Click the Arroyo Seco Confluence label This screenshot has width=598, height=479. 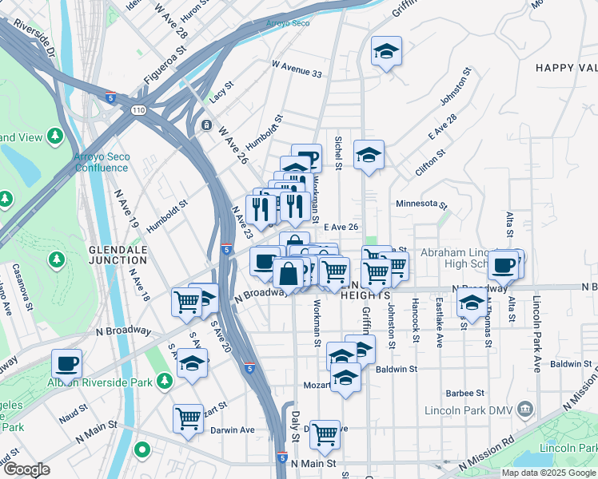101,162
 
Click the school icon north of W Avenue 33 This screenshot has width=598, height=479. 387,52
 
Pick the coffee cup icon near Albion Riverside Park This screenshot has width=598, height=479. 67,364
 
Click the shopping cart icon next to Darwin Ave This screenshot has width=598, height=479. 189,417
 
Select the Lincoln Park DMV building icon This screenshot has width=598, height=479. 525,410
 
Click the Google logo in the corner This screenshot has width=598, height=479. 26,469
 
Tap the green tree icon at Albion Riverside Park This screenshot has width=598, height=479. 164,382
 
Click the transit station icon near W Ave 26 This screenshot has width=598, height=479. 206,125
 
